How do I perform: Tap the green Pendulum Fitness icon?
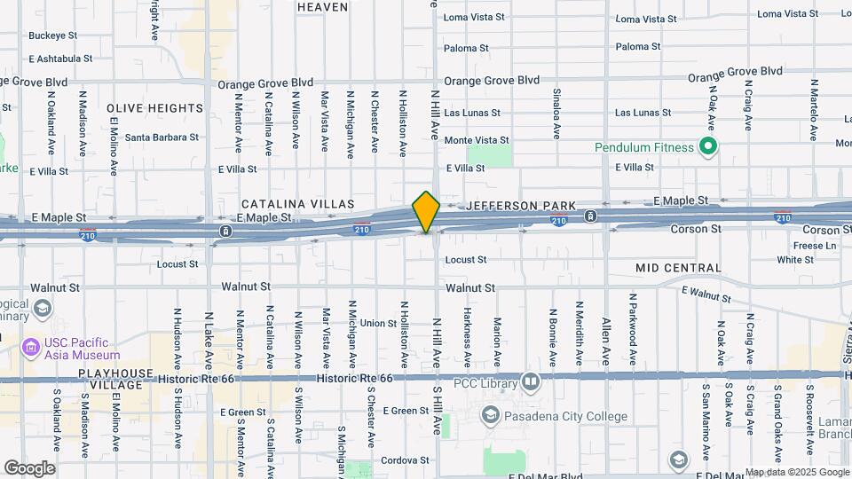pyautogui.click(x=707, y=145)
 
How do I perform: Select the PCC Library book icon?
pyautogui.click(x=531, y=382)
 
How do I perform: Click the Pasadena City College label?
pyautogui.click(x=554, y=416)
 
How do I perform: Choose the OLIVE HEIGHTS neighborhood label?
pyautogui.click(x=155, y=108)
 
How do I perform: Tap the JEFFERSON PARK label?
pyautogui.click(x=516, y=205)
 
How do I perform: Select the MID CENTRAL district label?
pyautogui.click(x=678, y=268)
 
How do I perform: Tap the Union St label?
pyautogui.click(x=378, y=324)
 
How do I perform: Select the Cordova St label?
pyautogui.click(x=406, y=460)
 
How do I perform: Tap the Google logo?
pyautogui.click(x=29, y=467)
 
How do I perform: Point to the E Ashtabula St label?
pyautogui.click(x=60, y=59)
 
